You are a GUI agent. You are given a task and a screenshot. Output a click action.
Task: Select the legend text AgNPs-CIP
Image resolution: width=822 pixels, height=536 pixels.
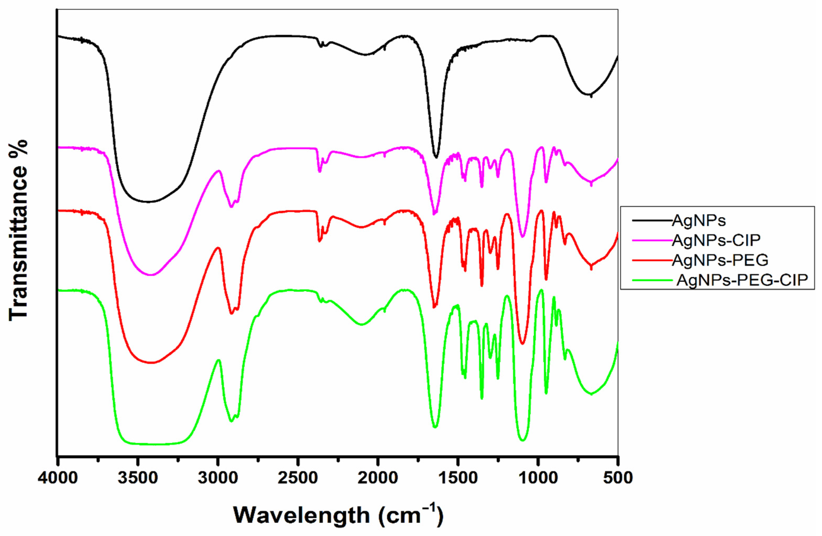(x=716, y=240)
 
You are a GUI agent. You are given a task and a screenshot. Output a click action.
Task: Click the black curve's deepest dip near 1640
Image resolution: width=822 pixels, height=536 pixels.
(x=436, y=157)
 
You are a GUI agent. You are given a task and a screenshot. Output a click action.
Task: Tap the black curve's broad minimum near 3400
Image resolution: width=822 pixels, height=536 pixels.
(x=149, y=201)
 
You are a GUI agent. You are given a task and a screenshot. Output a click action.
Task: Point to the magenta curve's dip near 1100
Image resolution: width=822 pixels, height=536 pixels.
(x=523, y=237)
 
